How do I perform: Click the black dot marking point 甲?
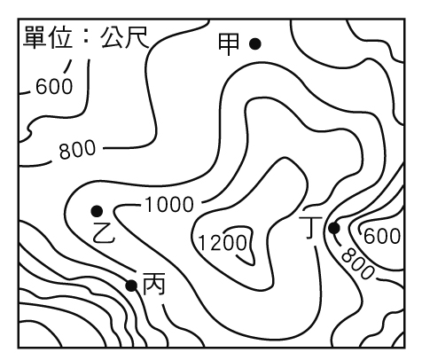click(x=254, y=44)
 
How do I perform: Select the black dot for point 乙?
click(x=97, y=211)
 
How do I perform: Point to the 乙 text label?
click(x=104, y=232)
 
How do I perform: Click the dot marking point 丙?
click(x=131, y=286)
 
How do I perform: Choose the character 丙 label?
click(x=153, y=284)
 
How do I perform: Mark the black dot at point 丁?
click(x=334, y=228)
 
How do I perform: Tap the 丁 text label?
click(x=311, y=227)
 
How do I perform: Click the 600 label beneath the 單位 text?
click(x=54, y=87)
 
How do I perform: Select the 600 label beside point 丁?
click(x=382, y=236)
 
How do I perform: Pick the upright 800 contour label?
click(x=78, y=149)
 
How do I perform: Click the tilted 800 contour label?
click(x=357, y=263)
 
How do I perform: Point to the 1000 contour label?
click(x=169, y=205)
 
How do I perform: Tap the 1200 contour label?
click(x=223, y=243)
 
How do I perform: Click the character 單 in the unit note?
click(x=35, y=37)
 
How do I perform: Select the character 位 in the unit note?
click(x=61, y=37)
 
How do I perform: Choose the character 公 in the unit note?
click(x=112, y=37)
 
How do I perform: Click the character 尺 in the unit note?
click(x=137, y=37)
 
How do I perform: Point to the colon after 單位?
click(x=86, y=37)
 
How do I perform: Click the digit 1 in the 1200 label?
click(x=202, y=243)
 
